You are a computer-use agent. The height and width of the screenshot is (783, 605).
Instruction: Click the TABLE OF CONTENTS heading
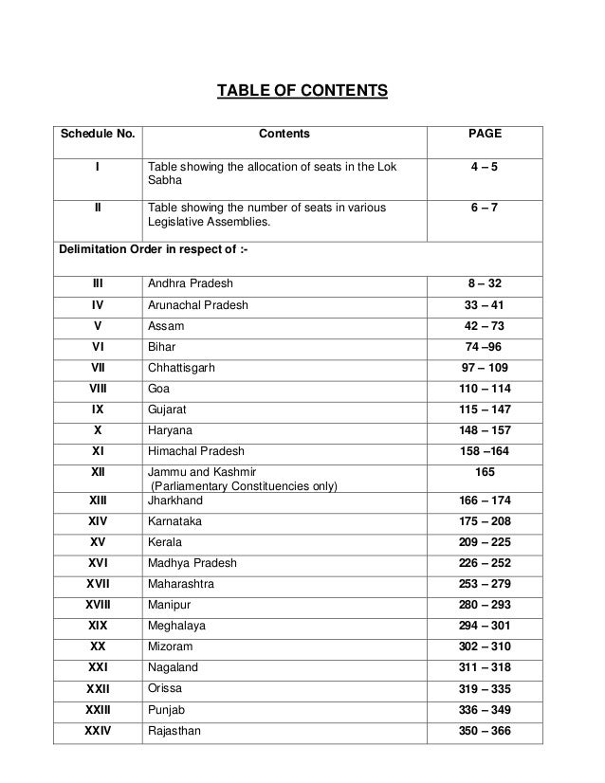[302, 92]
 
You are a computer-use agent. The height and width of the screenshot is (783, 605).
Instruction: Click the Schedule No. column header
[98, 136]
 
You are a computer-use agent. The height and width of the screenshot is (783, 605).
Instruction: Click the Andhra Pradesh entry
[191, 283]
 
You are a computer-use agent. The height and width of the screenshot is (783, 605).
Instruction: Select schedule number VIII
[98, 389]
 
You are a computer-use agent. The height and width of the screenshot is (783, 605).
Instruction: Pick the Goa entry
[160, 389]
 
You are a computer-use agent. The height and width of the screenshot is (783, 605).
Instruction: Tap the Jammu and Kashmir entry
[202, 469]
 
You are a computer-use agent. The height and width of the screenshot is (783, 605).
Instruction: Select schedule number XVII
[98, 584]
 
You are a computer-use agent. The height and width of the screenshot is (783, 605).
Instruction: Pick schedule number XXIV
[98, 731]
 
